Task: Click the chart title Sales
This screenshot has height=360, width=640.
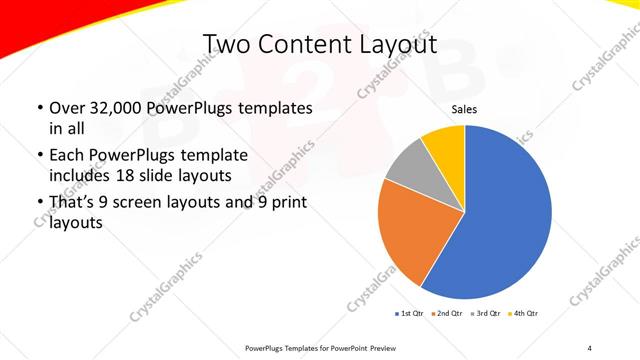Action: tap(465, 109)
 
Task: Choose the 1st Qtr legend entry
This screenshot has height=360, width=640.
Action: tap(411, 314)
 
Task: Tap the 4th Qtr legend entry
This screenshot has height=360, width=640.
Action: tap(525, 314)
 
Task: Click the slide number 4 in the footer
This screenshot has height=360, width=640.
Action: tap(589, 347)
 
